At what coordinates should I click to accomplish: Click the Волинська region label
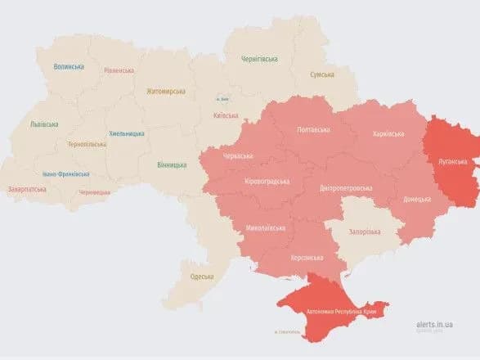70,67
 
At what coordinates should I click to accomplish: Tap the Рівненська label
119,70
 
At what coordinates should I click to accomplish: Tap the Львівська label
44,124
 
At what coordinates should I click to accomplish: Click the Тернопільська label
87,144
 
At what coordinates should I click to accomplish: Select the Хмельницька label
127,133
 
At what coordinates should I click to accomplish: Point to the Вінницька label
171,164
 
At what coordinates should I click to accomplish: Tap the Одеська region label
201,277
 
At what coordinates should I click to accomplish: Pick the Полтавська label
313,130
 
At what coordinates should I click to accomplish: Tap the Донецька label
417,199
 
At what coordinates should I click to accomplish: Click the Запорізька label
366,232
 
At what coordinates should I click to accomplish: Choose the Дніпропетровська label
346,187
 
